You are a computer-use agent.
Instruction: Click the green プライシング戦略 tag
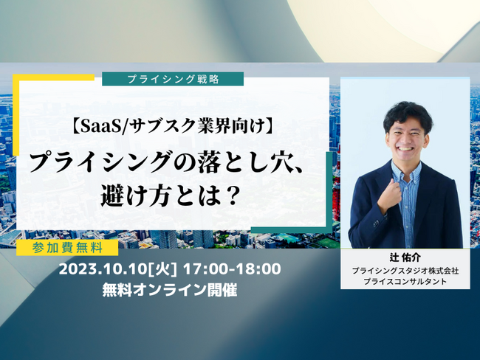[x=173, y=79]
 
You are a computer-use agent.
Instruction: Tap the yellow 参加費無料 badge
[x=67, y=247]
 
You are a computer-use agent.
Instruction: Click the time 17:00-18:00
[x=232, y=269]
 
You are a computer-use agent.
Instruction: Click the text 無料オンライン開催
[x=170, y=290]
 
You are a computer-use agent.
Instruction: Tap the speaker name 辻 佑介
[x=405, y=257]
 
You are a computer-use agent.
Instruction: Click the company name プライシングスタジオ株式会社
[x=405, y=271]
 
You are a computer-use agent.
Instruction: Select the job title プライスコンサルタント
[x=405, y=281]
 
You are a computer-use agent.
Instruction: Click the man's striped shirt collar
[x=406, y=170]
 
